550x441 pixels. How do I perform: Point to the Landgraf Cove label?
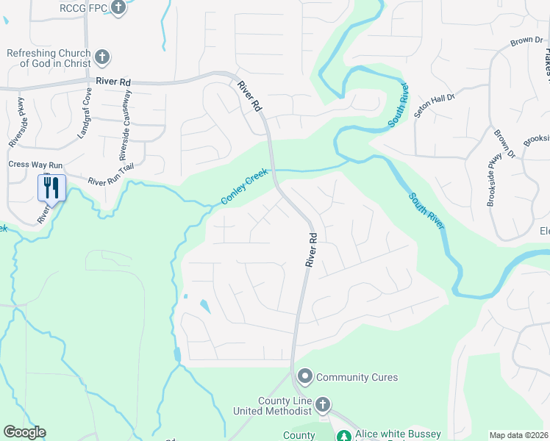click(x=84, y=114)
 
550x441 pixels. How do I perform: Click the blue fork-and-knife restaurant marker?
click(x=51, y=187)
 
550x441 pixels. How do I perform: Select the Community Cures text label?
click(x=357, y=378)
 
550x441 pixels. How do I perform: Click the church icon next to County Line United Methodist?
click(x=321, y=405)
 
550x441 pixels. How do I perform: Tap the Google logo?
click(x=24, y=432)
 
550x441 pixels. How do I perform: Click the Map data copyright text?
click(x=519, y=435)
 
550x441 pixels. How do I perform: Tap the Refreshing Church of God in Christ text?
click(x=49, y=58)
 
